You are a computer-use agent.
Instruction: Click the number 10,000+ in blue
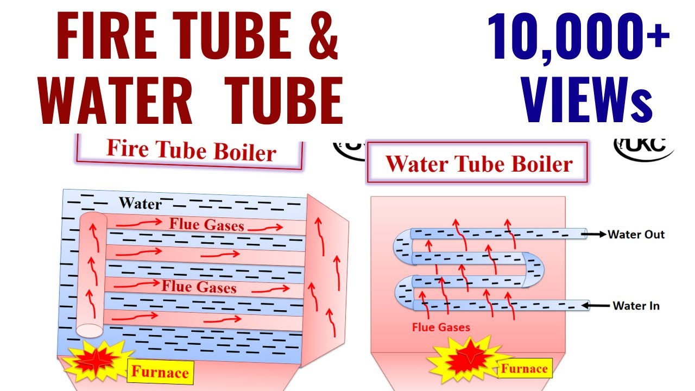click(x=579, y=38)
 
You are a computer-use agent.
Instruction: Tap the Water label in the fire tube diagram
click(x=140, y=204)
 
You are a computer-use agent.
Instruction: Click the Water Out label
click(x=636, y=235)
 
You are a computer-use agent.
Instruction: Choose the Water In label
click(x=636, y=306)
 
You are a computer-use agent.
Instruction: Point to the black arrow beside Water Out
click(x=597, y=235)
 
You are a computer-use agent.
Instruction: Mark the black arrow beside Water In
click(x=600, y=306)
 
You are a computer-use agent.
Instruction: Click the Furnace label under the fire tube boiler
click(x=160, y=372)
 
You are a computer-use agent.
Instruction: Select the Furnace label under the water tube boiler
click(x=524, y=369)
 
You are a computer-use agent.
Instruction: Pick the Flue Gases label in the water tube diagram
click(x=441, y=327)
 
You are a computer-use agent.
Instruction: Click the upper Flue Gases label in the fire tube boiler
click(x=206, y=224)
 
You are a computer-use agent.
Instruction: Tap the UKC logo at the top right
click(x=643, y=146)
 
